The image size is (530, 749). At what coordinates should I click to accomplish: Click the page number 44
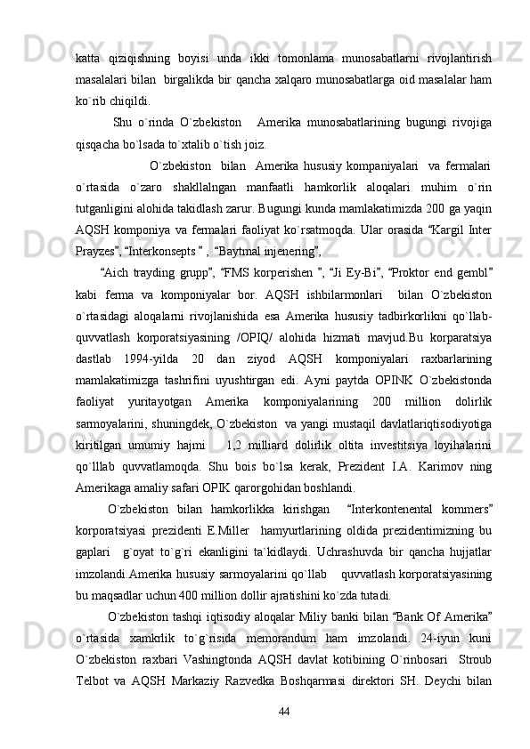[285, 711]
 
